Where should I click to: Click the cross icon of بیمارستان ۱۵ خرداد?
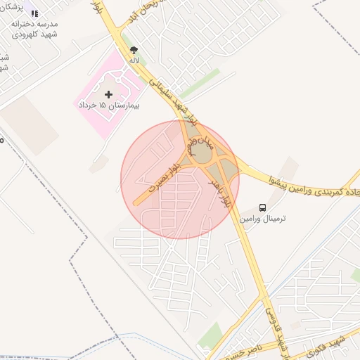click(x=108, y=94)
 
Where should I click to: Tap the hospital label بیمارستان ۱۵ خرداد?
click(x=109, y=105)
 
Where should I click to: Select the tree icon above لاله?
click(x=134, y=50)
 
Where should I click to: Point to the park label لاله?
click(x=134, y=60)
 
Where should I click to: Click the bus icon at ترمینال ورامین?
click(x=262, y=207)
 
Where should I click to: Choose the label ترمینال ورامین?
click(x=266, y=219)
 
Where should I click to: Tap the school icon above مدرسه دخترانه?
click(x=34, y=13)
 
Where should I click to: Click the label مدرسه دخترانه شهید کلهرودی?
click(x=34, y=29)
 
